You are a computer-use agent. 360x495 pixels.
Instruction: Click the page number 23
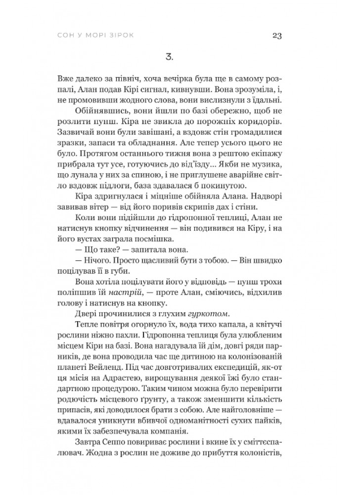tap(276, 35)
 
